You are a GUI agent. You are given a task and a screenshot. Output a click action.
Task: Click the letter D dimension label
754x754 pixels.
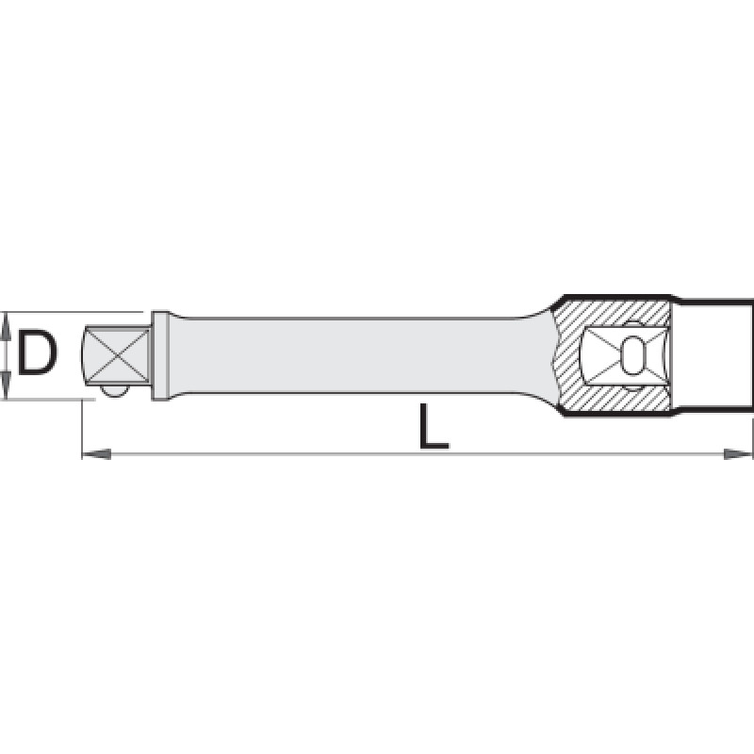point(37,352)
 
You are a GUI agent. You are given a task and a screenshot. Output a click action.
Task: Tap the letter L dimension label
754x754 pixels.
point(434,426)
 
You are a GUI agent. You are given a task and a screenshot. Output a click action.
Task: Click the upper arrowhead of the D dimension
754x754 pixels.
point(6,322)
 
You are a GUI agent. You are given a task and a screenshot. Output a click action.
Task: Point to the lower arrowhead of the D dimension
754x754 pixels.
point(6,389)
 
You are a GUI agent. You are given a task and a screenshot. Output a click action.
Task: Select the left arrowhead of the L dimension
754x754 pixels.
point(97,453)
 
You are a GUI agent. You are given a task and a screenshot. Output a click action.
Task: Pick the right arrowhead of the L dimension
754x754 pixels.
point(738,453)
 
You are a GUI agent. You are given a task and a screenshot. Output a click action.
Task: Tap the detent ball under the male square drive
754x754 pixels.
point(114,390)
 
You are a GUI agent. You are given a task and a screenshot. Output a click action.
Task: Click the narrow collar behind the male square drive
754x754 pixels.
point(160,355)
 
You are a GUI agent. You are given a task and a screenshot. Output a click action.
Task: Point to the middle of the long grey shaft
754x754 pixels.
point(356,355)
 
